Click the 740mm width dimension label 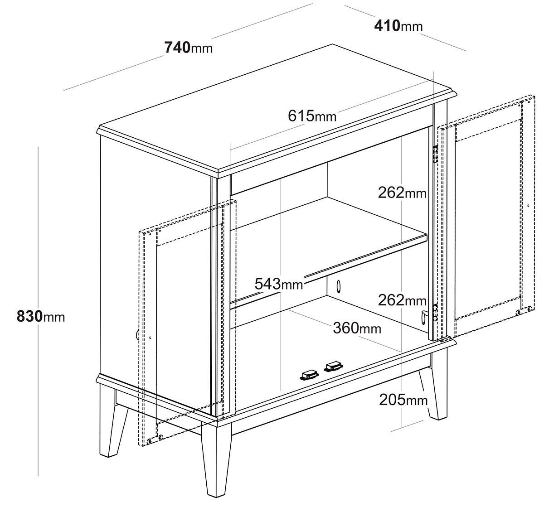click(x=189, y=48)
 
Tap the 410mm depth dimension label click(x=398, y=26)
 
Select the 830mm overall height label click(x=41, y=316)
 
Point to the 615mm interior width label click(x=312, y=116)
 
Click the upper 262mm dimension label click(x=402, y=193)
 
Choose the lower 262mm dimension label click(x=402, y=300)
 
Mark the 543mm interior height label click(x=279, y=284)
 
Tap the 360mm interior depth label click(x=357, y=328)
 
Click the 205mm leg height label click(x=403, y=400)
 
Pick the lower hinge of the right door click(x=435, y=313)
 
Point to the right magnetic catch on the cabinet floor click(x=333, y=366)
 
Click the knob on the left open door click(x=137, y=334)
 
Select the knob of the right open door click(x=424, y=317)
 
